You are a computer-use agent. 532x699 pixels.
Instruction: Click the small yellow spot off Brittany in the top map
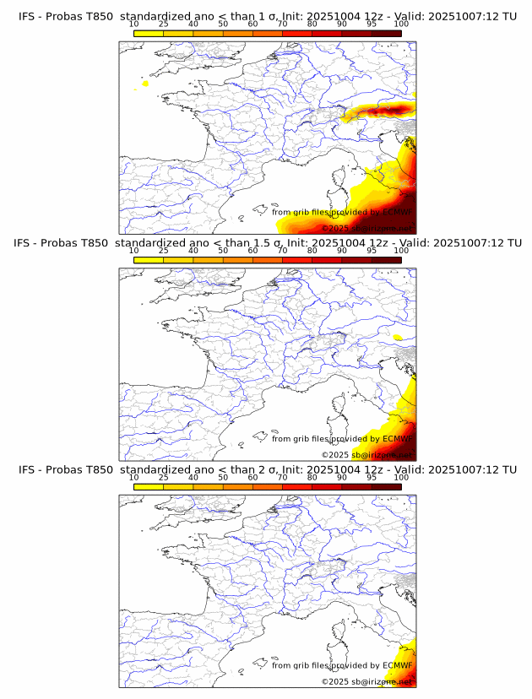pyautogui.click(x=146, y=84)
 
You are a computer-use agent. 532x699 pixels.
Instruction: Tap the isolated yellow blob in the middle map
pyautogui.click(x=397, y=338)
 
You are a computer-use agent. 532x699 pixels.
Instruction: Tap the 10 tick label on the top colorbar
pyautogui.click(x=134, y=24)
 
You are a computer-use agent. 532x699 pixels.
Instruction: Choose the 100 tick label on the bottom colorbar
pyautogui.click(x=401, y=478)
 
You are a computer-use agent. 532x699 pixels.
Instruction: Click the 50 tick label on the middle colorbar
pyautogui.click(x=223, y=251)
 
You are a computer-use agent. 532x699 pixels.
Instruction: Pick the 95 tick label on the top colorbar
pyautogui.click(x=372, y=24)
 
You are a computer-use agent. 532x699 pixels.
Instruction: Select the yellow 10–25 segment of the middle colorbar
pyautogui.click(x=149, y=260)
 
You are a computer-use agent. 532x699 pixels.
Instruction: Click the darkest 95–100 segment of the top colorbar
pyautogui.click(x=386, y=33)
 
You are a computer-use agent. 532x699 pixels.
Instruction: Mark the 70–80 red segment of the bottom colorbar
pyautogui.click(x=297, y=487)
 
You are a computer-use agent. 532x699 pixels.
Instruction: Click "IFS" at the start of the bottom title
pyautogui.click(x=27, y=469)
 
